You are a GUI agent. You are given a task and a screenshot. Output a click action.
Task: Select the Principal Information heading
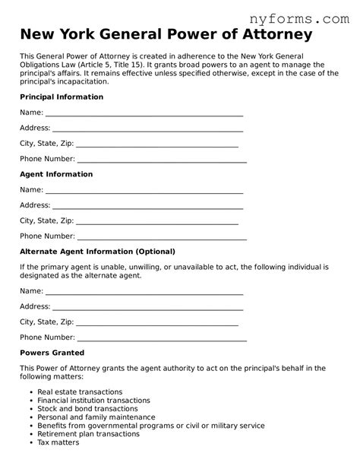tap(61, 97)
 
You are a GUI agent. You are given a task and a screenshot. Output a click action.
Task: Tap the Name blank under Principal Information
tap(144, 113)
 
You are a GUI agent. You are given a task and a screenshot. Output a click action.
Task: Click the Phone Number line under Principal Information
tap(162, 160)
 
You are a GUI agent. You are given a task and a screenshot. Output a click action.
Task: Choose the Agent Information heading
tap(55, 174)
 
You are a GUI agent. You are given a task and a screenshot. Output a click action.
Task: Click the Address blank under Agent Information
tap(147, 205)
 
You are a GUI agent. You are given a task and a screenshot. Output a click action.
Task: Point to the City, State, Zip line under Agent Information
tap(157, 220)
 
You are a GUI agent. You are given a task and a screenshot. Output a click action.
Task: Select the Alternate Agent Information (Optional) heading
tap(97, 251)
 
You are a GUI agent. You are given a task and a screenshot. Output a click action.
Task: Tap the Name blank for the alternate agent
tap(144, 291)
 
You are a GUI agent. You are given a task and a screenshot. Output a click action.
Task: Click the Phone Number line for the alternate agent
tap(162, 338)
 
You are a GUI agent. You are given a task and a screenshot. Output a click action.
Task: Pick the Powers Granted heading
tap(52, 353)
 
